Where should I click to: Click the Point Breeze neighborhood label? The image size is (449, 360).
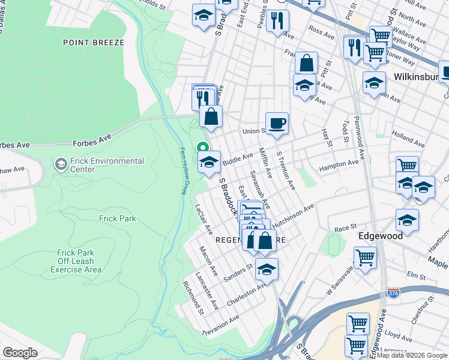click(x=93, y=43)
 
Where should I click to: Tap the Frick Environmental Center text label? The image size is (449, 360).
click(x=107, y=165)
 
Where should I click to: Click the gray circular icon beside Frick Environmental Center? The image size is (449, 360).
click(x=60, y=164)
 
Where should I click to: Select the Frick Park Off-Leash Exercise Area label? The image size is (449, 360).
click(x=84, y=262)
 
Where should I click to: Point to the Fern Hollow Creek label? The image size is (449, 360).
click(x=182, y=171)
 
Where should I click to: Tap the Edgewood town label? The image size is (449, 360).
click(x=381, y=236)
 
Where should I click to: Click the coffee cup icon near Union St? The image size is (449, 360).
click(x=277, y=123)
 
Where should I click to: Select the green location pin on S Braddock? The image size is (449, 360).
click(x=202, y=147)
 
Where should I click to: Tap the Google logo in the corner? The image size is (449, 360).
click(x=20, y=352)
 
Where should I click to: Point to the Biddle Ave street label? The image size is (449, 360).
click(x=238, y=158)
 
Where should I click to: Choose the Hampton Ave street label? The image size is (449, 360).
click(x=339, y=164)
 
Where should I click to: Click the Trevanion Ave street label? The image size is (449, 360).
click(x=221, y=325)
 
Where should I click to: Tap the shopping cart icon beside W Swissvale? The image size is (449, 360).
click(x=365, y=258)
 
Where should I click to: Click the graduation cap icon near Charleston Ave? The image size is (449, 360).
click(x=267, y=269)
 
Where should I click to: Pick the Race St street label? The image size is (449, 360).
click(x=345, y=229)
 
